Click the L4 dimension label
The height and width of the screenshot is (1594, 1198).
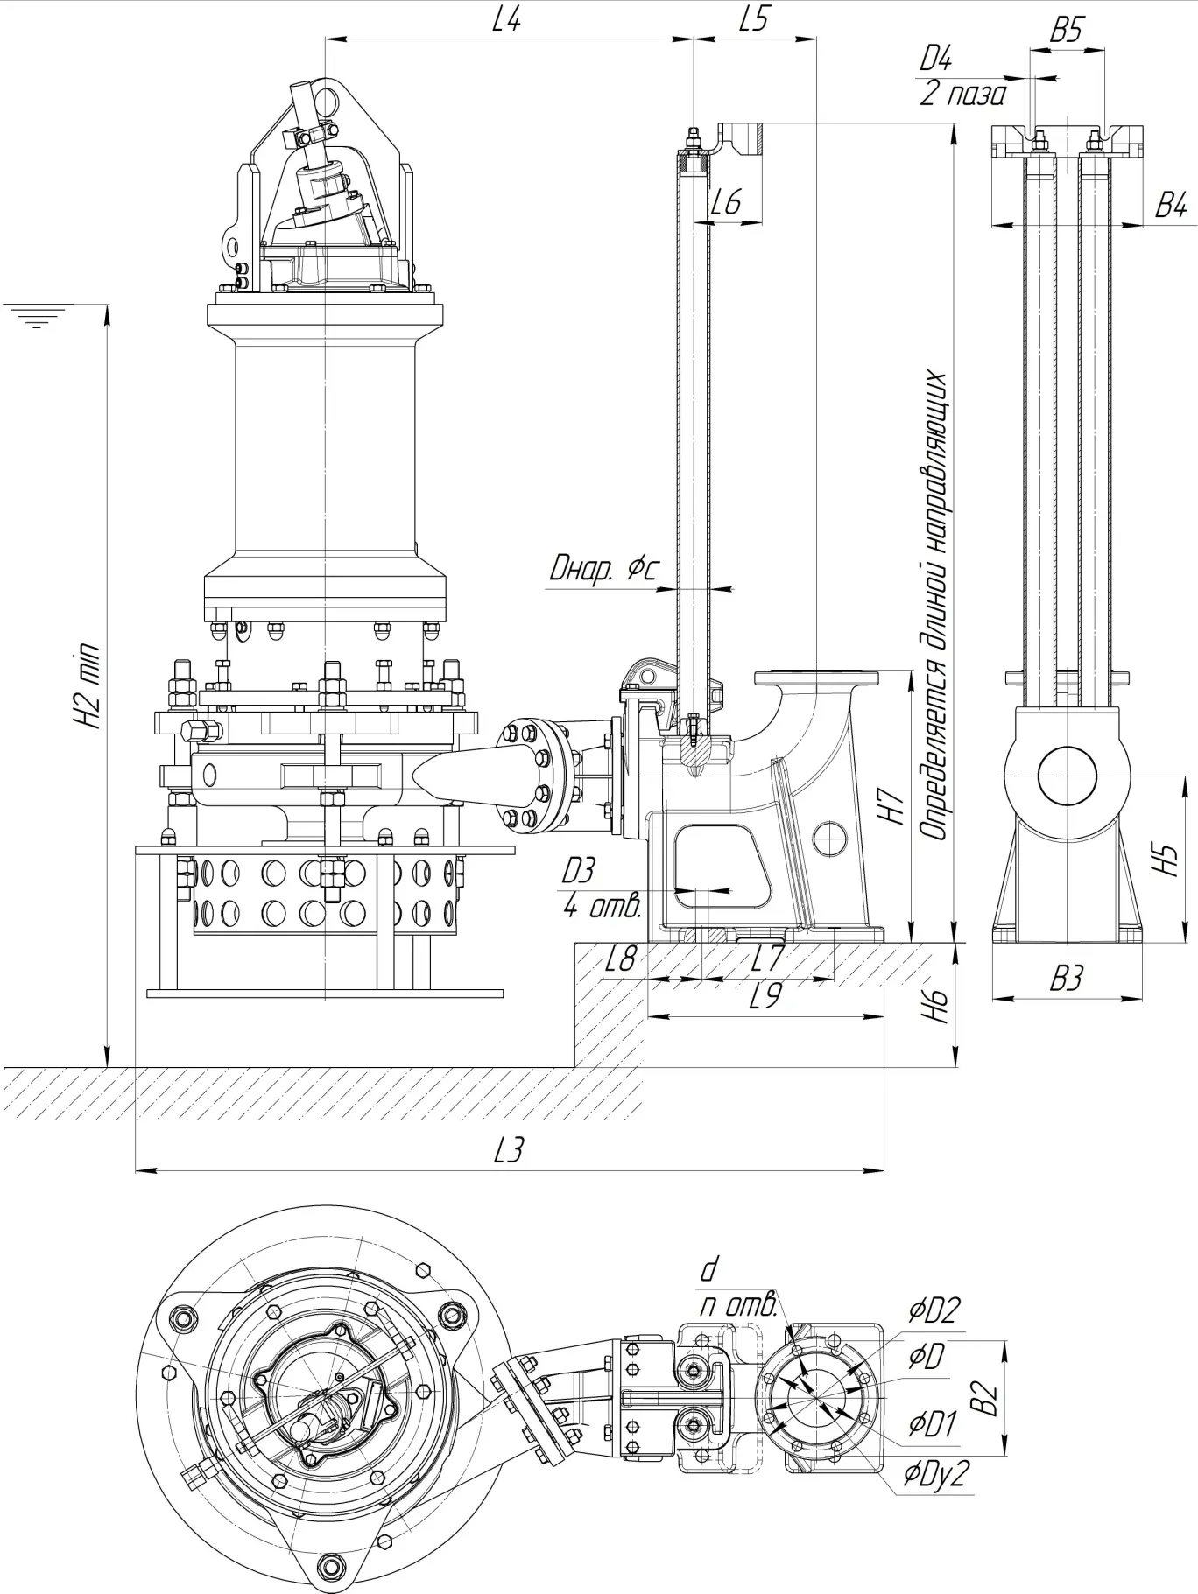click(x=506, y=20)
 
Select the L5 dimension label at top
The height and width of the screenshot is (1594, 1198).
click(x=754, y=19)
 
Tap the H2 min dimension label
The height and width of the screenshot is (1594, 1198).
click(x=88, y=688)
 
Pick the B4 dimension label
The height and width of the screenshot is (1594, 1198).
click(x=1171, y=207)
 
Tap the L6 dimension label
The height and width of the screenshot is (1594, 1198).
click(x=726, y=203)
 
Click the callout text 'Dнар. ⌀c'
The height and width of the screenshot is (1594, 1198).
click(x=603, y=571)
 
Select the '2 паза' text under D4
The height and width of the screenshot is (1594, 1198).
click(x=962, y=93)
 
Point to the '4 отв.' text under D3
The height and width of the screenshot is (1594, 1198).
click(x=603, y=906)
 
